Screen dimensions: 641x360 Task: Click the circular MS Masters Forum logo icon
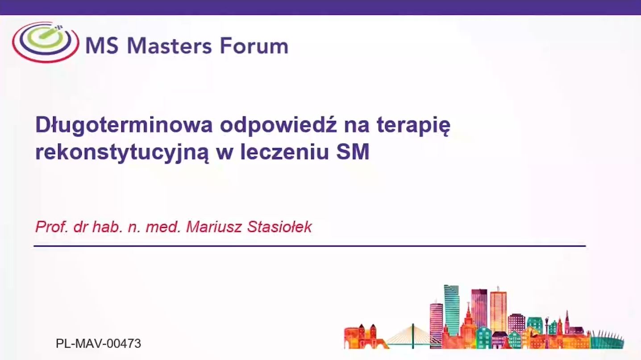(46, 42)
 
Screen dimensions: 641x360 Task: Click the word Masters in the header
(170, 46)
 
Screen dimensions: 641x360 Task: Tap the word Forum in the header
(254, 46)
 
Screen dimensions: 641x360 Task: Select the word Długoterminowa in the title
(124, 125)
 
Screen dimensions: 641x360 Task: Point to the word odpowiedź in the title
(279, 125)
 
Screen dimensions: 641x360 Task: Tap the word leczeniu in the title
(285, 151)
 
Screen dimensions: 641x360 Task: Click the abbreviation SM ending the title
(353, 151)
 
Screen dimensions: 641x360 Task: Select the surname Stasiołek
(279, 227)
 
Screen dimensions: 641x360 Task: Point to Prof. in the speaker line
(52, 227)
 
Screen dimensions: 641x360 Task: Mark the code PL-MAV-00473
(99, 343)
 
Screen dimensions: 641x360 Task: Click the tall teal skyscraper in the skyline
(452, 310)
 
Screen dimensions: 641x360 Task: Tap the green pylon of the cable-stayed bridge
(412, 336)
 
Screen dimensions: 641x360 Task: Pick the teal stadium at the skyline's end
(607, 340)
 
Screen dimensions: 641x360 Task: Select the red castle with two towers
(363, 336)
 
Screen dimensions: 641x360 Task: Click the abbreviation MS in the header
(102, 46)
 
